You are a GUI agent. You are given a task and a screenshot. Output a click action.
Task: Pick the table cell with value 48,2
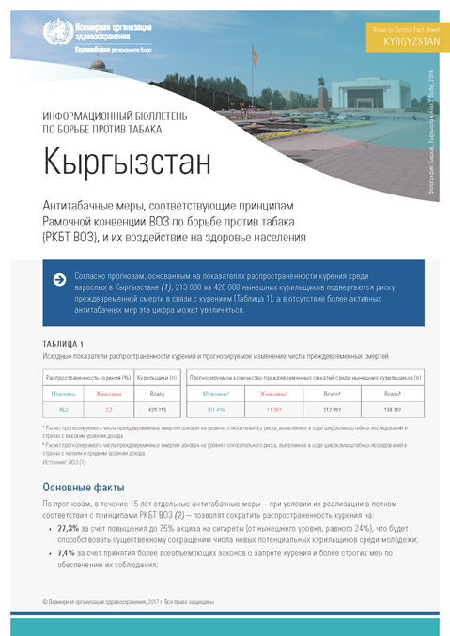tap(64, 410)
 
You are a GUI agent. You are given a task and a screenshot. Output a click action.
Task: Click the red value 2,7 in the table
tap(109, 410)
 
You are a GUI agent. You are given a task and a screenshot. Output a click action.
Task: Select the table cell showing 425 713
tap(157, 410)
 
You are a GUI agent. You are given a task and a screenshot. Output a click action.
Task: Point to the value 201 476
tap(216, 410)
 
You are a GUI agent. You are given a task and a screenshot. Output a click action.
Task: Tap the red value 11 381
tap(273, 410)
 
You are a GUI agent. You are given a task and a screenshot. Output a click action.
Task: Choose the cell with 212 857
tap(332, 410)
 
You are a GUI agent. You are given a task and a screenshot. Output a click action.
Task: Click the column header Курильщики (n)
tap(157, 376)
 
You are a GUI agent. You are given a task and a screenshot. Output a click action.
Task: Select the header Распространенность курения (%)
tap(86, 376)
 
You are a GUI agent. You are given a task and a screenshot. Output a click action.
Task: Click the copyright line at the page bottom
tap(129, 600)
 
